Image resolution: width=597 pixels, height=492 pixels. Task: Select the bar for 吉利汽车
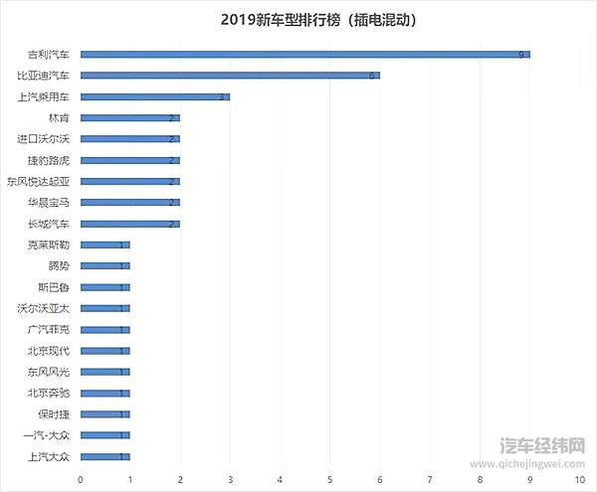click(x=304, y=54)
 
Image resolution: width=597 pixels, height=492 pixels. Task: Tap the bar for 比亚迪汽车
click(x=229, y=76)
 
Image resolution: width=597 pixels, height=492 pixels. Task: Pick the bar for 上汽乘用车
click(x=154, y=96)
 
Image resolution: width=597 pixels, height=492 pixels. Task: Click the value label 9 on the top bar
click(x=521, y=55)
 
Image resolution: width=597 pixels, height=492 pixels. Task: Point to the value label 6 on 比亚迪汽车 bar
click(x=371, y=76)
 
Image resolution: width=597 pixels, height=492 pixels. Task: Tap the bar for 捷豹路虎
click(x=129, y=160)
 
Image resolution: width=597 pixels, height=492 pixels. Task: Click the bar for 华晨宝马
click(x=129, y=203)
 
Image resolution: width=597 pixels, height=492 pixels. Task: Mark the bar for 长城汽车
click(x=129, y=224)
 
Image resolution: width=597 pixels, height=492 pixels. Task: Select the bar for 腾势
click(x=104, y=265)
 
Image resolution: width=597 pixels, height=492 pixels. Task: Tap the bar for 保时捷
click(x=104, y=414)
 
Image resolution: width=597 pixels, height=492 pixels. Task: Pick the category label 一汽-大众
click(x=47, y=435)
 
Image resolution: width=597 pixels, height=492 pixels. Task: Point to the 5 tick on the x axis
click(x=329, y=479)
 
